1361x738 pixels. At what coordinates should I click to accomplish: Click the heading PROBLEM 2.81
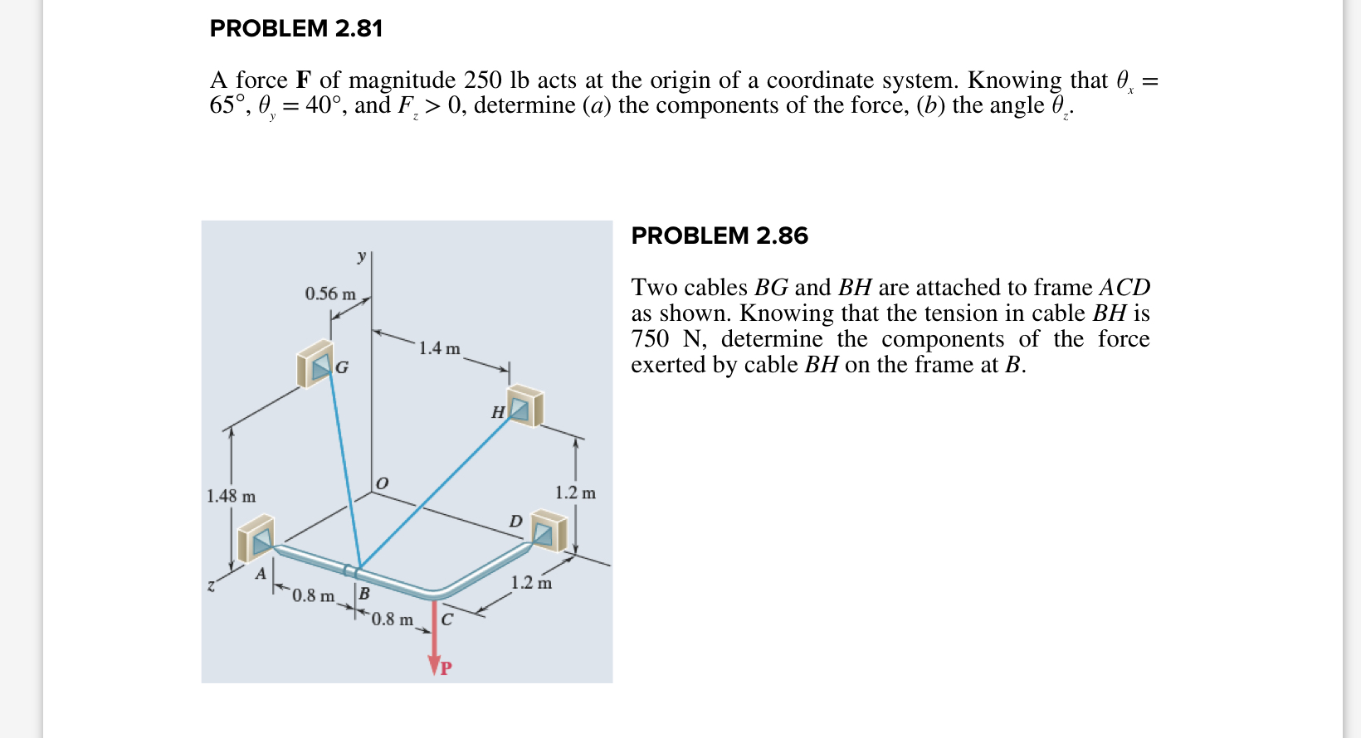[295, 29]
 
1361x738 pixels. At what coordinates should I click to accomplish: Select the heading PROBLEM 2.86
[719, 236]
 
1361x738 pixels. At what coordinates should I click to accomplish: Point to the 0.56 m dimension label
[329, 294]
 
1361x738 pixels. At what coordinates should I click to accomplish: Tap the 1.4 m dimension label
[439, 348]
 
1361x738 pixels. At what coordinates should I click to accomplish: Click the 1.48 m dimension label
[231, 496]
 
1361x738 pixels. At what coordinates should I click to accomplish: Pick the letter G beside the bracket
[342, 367]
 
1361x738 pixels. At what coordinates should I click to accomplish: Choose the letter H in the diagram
[498, 412]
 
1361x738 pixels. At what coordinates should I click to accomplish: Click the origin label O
[382, 483]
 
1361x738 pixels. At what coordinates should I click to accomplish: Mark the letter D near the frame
[515, 522]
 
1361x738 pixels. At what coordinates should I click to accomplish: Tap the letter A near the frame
[261, 573]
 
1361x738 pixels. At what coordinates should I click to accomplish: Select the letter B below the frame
[363, 594]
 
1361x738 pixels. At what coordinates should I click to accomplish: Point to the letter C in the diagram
[447, 619]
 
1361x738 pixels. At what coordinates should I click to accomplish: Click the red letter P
[446, 668]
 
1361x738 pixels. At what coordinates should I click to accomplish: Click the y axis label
[361, 256]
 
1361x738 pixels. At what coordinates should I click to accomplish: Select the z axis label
[211, 586]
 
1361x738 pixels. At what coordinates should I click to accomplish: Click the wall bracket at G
[315, 364]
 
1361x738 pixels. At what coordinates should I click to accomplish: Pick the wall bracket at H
[524, 406]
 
